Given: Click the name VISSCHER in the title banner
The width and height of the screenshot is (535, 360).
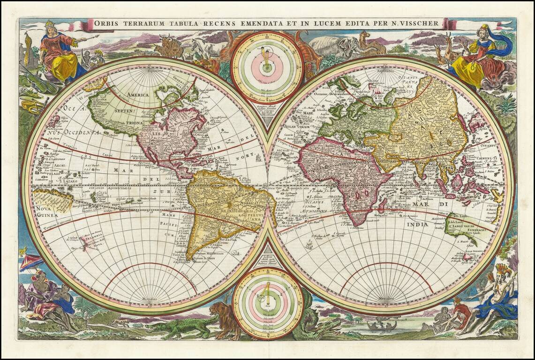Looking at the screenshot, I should coord(418,23).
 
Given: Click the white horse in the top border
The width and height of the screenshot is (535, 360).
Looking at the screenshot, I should coord(204,47).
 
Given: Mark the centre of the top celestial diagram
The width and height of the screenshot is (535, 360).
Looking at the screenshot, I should coord(267,67).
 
